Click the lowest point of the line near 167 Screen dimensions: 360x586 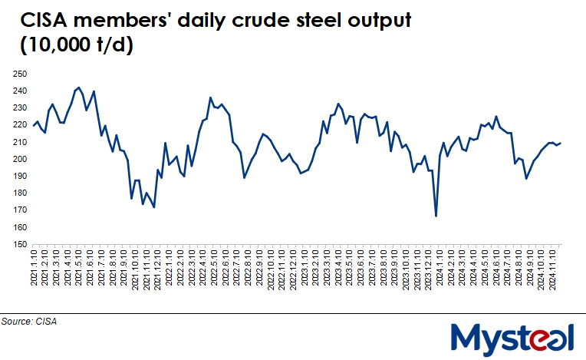[436, 216]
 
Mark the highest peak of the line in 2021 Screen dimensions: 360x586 [79, 88]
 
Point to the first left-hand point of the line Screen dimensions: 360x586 [33, 126]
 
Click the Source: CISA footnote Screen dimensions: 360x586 [30, 322]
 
